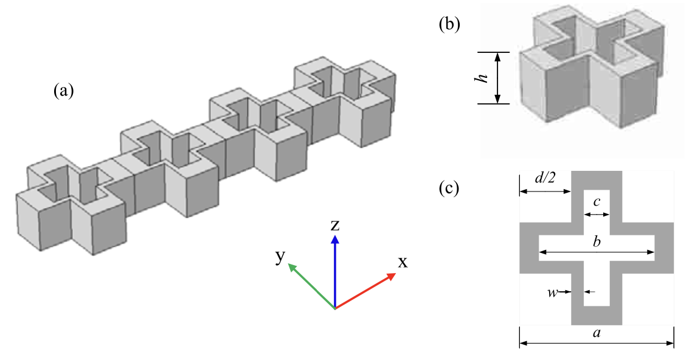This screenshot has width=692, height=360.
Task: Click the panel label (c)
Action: click(449, 189)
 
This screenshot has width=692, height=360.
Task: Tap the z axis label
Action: click(334, 226)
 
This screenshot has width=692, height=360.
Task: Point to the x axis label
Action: click(403, 262)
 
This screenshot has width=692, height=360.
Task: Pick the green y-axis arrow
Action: click(310, 286)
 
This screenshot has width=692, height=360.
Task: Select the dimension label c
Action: click(597, 201)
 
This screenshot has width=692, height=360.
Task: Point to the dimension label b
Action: click(597, 243)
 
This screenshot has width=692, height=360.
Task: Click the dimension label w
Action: click(552, 292)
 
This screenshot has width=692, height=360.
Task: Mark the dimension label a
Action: click(596, 333)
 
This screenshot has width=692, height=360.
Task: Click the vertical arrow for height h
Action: click(498, 78)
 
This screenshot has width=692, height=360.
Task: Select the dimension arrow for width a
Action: click(596, 344)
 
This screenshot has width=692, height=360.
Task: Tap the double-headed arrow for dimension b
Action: click(597, 252)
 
